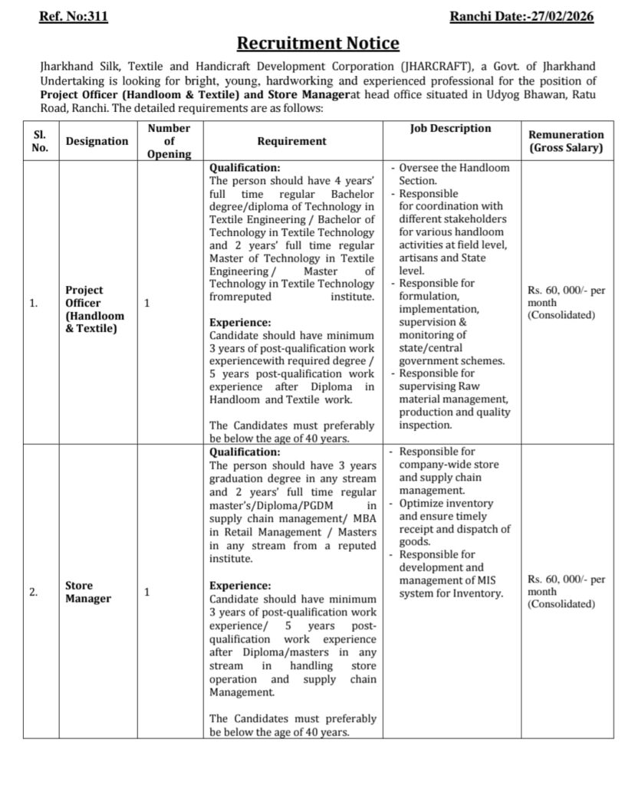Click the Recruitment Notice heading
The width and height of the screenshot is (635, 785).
(x=317, y=43)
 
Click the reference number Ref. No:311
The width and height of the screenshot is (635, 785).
(x=73, y=16)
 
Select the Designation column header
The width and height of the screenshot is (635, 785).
(x=97, y=141)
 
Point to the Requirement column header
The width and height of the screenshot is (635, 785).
(x=291, y=141)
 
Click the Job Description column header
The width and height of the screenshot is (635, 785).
(x=451, y=129)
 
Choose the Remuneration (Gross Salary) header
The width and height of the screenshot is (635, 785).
(x=566, y=141)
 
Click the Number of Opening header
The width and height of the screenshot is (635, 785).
(x=169, y=141)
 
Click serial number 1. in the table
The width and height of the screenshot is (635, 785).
(x=34, y=304)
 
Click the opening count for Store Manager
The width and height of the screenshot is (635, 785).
(x=147, y=592)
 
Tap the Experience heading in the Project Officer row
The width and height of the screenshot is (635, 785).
(x=240, y=323)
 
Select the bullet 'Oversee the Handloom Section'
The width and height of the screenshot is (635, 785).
(x=452, y=174)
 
